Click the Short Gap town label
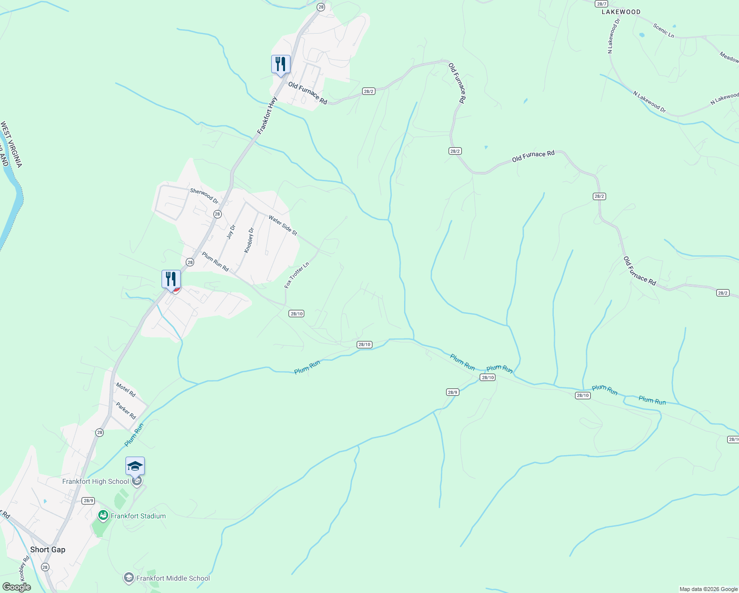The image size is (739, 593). point(47,550)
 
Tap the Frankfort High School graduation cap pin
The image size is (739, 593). point(135,466)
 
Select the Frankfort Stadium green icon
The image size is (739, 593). point(103,516)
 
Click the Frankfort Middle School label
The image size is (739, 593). point(173,578)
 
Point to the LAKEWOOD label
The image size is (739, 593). point(621,12)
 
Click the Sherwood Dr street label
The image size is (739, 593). point(204,196)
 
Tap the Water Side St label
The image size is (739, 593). point(283,225)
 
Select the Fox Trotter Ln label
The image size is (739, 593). point(296,275)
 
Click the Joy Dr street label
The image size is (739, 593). point(231,232)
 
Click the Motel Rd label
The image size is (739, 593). point(125,389)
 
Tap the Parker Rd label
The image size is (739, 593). point(126,411)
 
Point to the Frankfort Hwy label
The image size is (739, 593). point(267,115)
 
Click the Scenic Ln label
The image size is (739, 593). point(663,31)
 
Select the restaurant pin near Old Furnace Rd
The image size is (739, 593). point(281,64)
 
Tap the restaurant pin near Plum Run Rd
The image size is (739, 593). point(171,279)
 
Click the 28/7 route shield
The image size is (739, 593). point(601,3)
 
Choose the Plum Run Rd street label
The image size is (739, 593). point(215,261)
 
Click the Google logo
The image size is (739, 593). point(16,587)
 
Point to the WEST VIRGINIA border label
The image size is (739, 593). point(11,144)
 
